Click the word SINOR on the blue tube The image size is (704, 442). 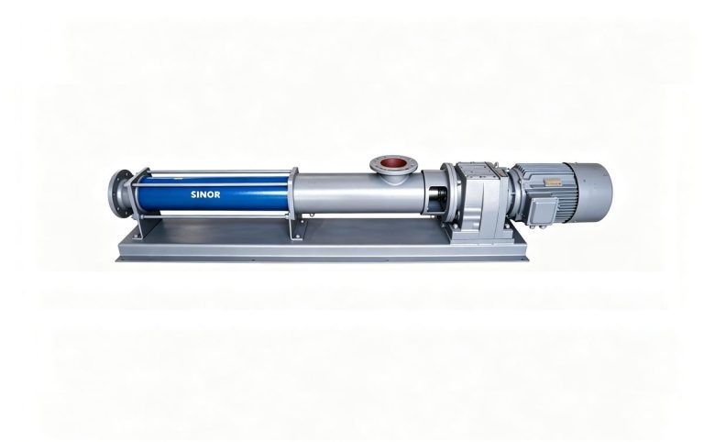pos(205,194)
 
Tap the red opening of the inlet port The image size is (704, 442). pos(394,162)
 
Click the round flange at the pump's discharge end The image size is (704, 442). pos(117,193)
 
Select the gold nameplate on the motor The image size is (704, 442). pos(550,181)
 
